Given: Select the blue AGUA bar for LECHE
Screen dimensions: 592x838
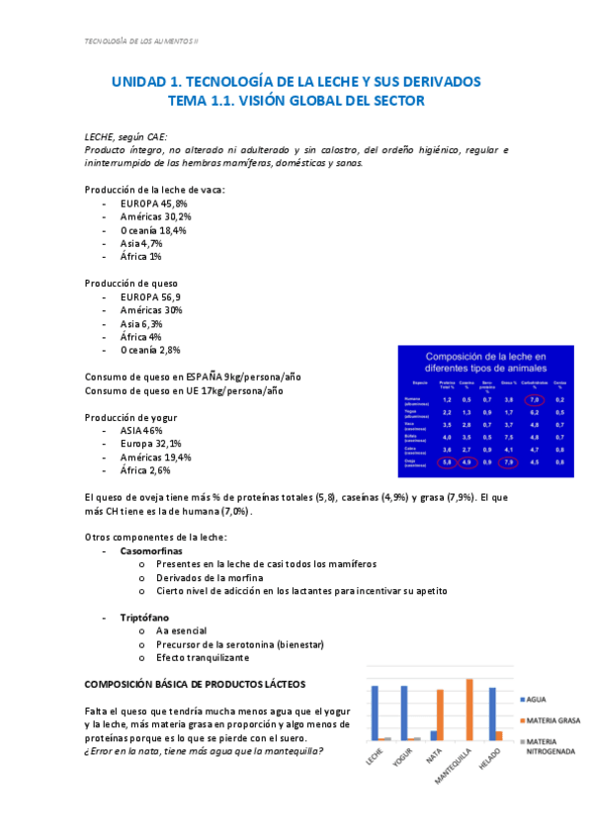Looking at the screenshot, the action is click(376, 712).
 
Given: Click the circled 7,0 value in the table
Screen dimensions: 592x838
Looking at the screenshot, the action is click(535, 399).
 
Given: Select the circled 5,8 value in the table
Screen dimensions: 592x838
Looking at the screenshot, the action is click(447, 461).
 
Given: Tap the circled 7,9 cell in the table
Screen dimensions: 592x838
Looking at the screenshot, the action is click(508, 461).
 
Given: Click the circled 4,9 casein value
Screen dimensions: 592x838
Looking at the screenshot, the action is click(466, 461).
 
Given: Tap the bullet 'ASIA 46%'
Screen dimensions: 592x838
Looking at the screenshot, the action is click(141, 431).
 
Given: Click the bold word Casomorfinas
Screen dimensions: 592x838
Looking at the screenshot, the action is click(152, 550).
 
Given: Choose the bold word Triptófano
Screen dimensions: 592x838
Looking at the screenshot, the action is click(145, 617).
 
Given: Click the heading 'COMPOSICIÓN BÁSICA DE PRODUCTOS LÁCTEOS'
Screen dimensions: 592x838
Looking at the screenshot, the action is click(195, 684).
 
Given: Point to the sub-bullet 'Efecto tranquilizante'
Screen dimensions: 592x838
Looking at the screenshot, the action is click(203, 657).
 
